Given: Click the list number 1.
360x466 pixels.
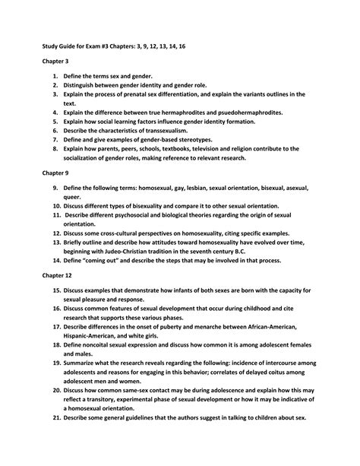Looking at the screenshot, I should [x=55, y=77].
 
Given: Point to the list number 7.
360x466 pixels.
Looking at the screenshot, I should [x=55, y=140].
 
